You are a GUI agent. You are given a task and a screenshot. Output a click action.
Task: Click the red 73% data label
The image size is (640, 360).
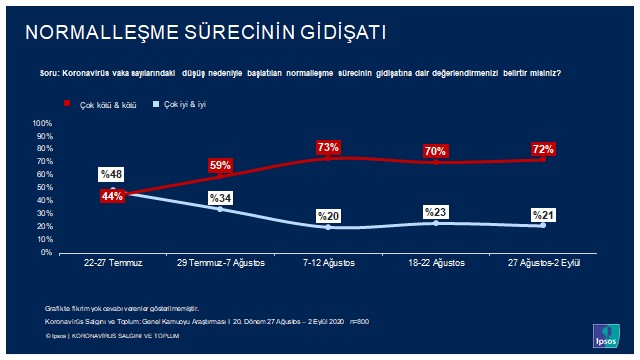coord(328,147)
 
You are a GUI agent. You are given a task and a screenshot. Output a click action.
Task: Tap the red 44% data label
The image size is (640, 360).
coord(111,196)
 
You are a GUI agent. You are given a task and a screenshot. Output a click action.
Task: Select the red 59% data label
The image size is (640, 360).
coord(220,165)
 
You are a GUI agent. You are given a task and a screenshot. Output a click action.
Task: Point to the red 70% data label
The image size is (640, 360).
coord(435,151)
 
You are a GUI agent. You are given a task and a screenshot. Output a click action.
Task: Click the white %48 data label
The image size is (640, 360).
coord(111,175)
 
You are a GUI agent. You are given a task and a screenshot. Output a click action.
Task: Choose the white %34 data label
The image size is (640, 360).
coord(220,197)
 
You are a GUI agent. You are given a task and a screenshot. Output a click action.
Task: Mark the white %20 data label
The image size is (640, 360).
coord(328,215)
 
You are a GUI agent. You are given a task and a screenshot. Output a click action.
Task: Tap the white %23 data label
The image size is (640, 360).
coord(435,211)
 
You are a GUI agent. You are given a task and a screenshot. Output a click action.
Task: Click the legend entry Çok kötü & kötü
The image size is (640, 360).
coord(104,103)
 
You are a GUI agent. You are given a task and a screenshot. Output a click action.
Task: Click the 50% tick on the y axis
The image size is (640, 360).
coord(45,188)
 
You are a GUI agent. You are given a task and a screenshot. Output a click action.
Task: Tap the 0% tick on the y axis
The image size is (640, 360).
coord(47,252)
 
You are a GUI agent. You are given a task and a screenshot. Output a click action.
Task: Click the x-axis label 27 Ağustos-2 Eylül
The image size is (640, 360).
coord(543,263)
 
